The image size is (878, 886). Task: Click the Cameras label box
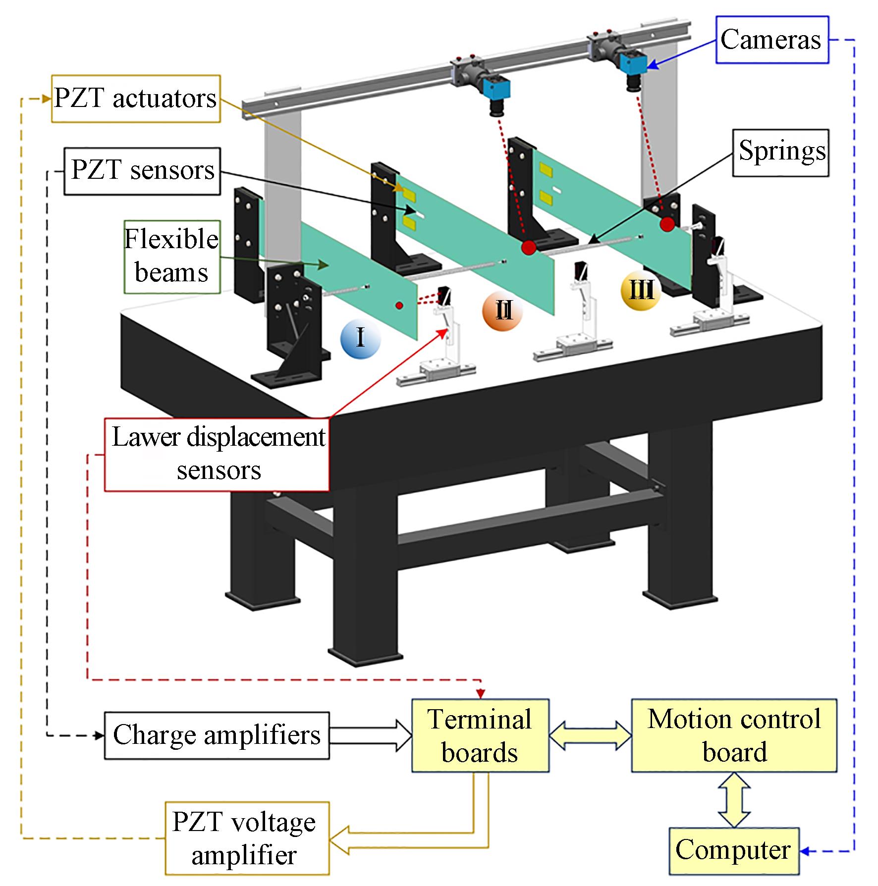(771, 40)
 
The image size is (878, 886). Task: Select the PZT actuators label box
(136, 99)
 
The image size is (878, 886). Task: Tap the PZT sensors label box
(142, 170)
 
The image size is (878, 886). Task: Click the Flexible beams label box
(171, 257)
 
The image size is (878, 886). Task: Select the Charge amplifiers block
(217, 735)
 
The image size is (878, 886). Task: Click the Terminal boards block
(480, 735)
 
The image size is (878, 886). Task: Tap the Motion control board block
(734, 735)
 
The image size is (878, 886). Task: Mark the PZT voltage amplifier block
(247, 838)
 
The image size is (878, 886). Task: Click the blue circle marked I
(360, 339)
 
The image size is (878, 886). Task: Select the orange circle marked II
(502, 312)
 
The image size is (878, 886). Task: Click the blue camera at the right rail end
(633, 62)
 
